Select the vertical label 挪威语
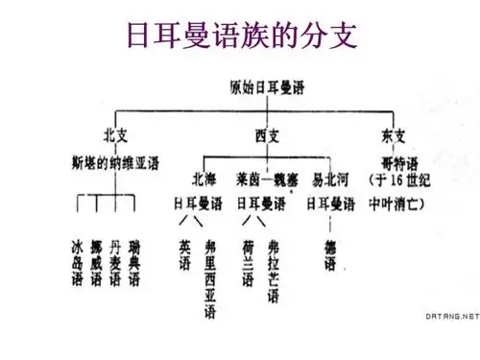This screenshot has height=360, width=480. click(96, 261)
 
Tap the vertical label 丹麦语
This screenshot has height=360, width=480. click(115, 261)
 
